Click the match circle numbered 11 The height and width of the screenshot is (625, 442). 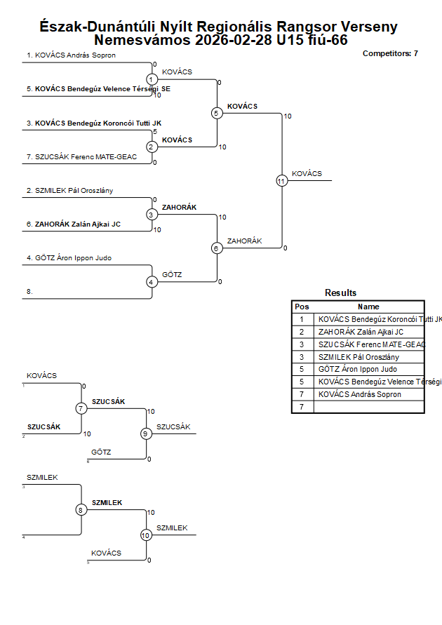(x=281, y=181)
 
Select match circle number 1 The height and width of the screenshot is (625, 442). (x=152, y=79)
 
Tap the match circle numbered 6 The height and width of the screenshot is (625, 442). (x=217, y=248)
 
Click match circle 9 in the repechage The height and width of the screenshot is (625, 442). (x=146, y=434)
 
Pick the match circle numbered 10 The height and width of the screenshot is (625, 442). (x=146, y=535)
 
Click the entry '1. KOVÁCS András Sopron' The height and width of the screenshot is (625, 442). (x=71, y=55)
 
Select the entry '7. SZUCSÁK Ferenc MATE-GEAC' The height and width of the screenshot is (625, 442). (x=82, y=157)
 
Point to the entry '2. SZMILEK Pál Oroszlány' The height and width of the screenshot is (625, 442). (x=69, y=190)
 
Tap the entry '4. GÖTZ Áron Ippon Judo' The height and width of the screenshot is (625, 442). (x=69, y=258)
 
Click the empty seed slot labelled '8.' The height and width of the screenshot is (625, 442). (x=30, y=290)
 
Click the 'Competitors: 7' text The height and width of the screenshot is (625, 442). (x=390, y=53)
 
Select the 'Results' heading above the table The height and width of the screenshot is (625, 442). (x=340, y=293)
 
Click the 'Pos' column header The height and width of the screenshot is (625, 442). (x=302, y=307)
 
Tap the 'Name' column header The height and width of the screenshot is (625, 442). (x=368, y=307)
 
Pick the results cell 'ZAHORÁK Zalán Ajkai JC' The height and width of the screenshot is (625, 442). (x=361, y=332)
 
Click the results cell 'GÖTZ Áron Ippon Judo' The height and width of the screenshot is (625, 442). (x=357, y=369)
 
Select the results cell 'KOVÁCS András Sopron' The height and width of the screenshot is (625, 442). (x=359, y=394)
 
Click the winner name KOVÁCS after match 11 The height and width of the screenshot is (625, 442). (x=307, y=173)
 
